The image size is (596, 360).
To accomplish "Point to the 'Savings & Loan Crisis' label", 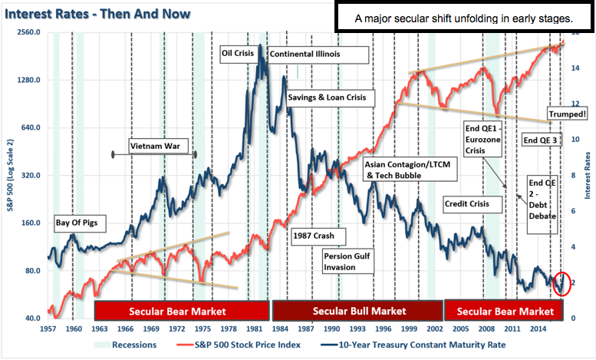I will point(326,98).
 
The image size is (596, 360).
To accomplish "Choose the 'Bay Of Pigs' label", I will point(80,223).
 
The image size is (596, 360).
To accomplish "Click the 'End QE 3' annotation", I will point(541,140).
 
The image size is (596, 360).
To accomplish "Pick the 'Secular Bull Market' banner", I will point(358,311).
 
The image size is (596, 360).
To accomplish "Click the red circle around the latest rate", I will point(562,282).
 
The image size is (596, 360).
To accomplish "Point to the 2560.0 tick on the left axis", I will point(27,34).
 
